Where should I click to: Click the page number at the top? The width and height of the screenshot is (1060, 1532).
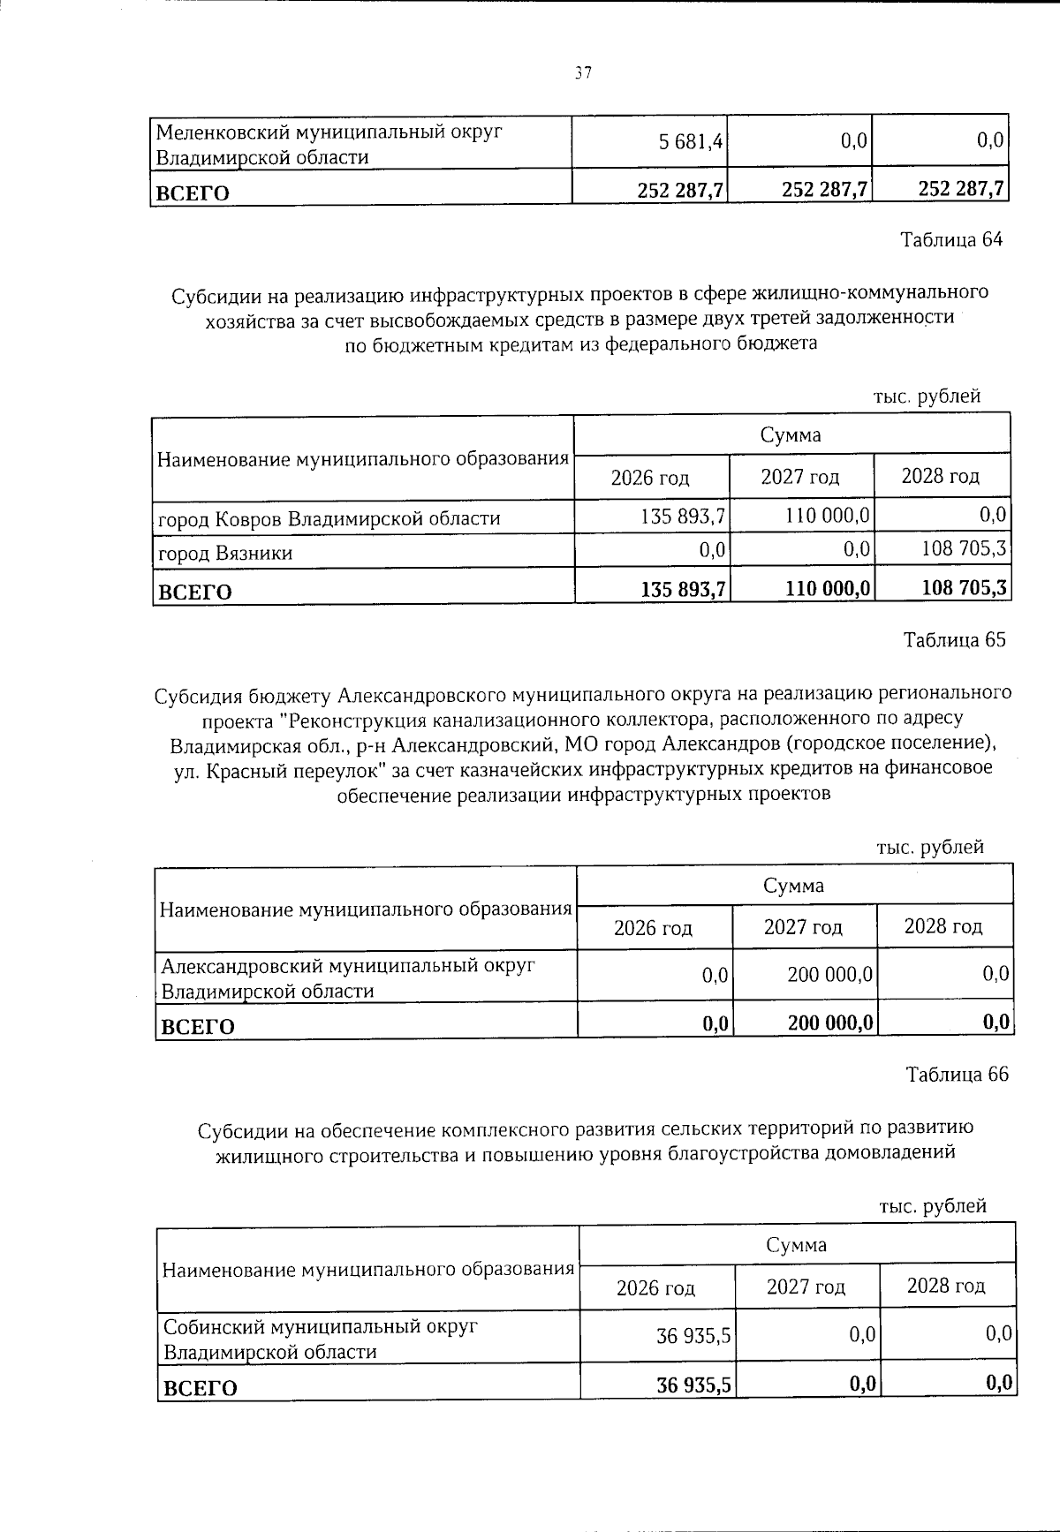coord(580,73)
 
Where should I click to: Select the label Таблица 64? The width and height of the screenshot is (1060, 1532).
coord(951,240)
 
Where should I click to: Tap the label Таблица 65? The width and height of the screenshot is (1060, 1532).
coord(954,640)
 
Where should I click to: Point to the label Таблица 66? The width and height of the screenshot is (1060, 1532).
coord(957,1075)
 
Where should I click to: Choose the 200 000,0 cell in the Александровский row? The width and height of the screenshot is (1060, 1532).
coord(830,975)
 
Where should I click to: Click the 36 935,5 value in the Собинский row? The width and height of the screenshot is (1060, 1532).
coord(693,1336)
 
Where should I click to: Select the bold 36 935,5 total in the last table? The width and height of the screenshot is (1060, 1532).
coord(693,1385)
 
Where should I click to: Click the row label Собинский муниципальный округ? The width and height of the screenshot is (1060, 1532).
coord(320,1327)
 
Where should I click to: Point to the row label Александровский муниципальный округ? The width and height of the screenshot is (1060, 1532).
coord(348,966)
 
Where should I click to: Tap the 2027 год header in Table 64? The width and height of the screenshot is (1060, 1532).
coord(800,478)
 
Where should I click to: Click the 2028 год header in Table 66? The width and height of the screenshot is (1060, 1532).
coord(946,1287)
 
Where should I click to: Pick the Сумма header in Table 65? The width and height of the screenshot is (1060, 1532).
coord(794,885)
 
